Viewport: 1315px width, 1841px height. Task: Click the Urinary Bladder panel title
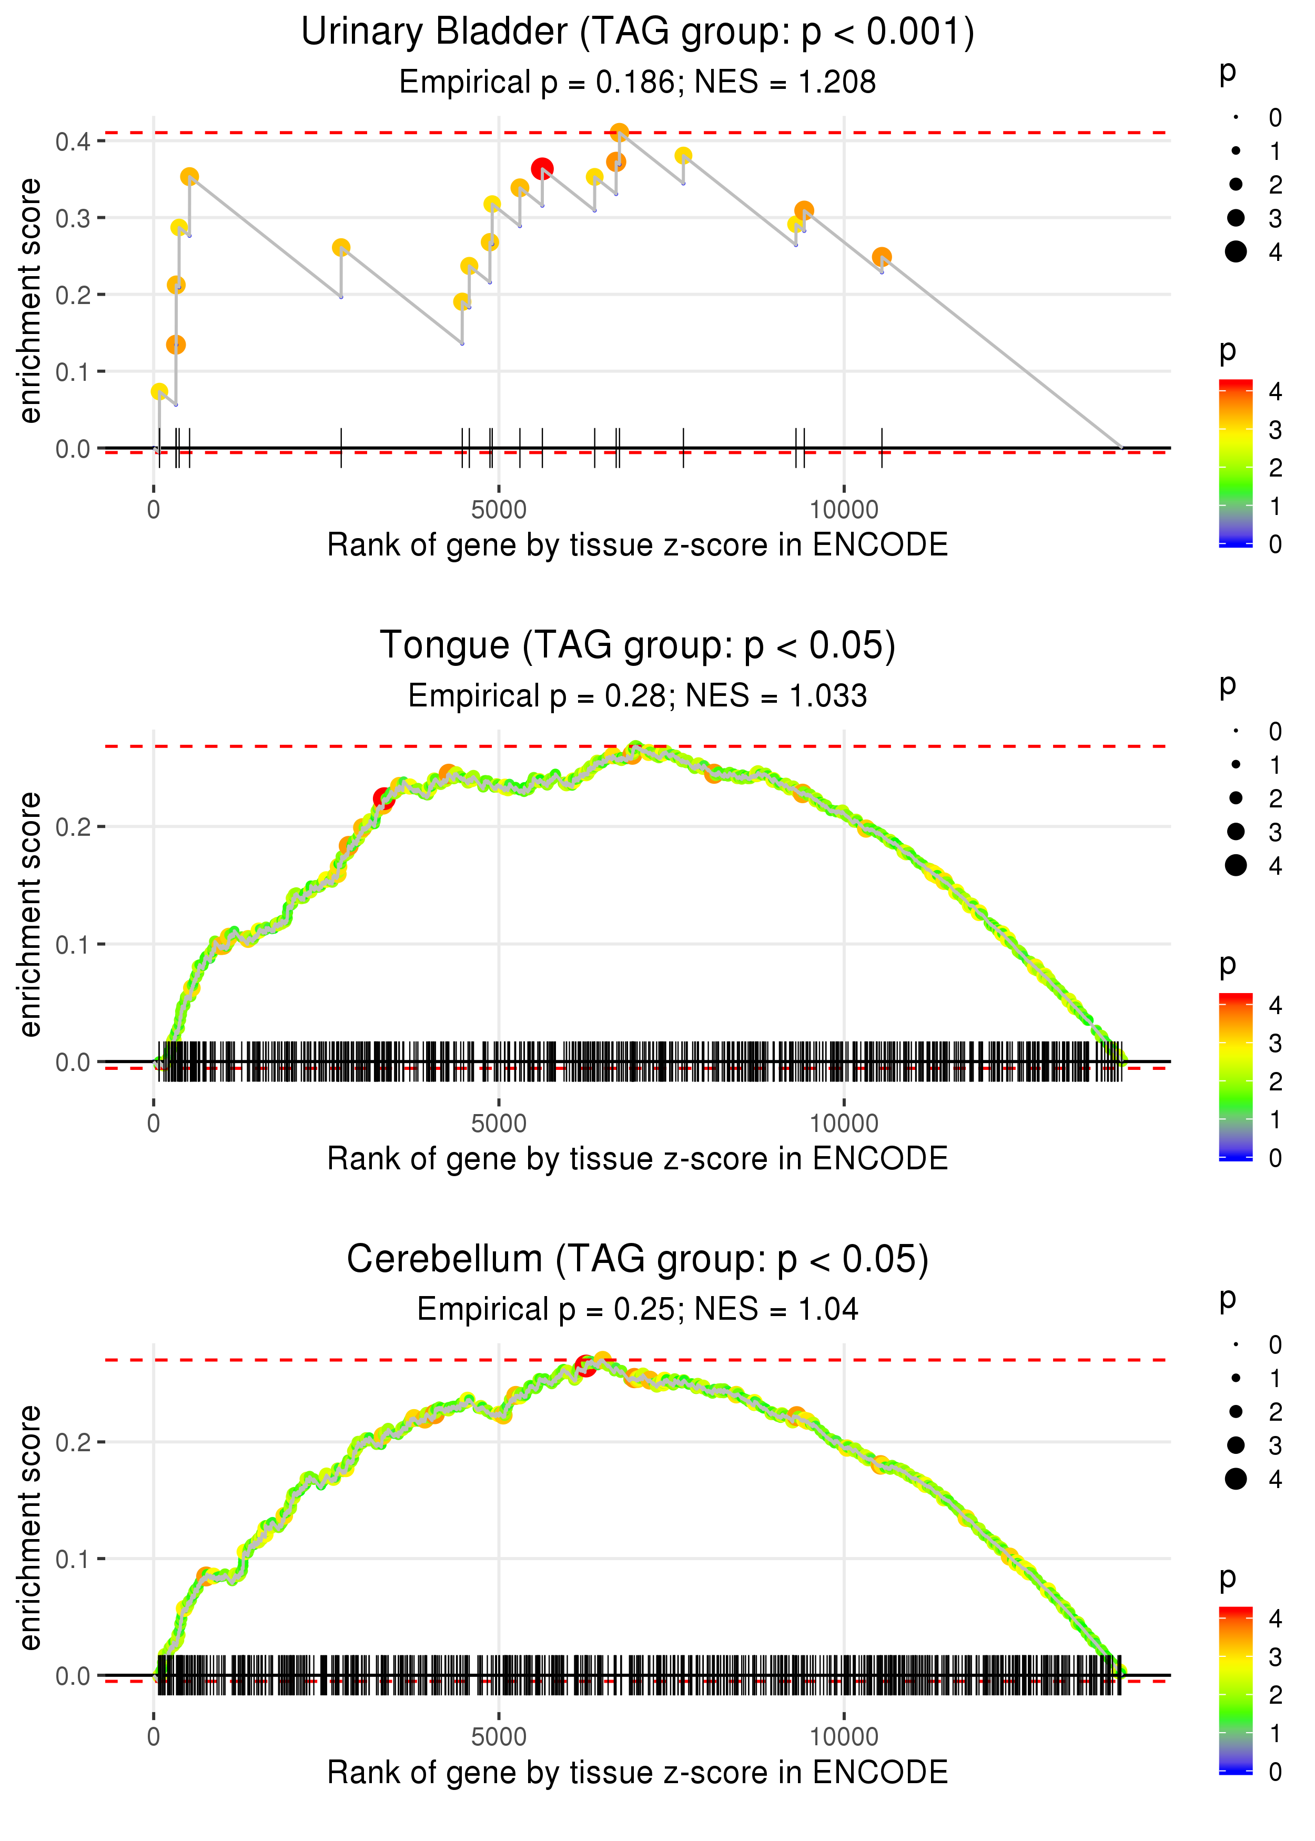coord(638,33)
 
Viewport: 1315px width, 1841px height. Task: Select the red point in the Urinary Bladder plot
coord(542,168)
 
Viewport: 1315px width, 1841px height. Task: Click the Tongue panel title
coord(638,646)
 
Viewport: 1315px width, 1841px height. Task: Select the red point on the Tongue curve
coord(382,799)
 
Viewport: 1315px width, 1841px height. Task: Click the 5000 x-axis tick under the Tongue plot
coord(499,1123)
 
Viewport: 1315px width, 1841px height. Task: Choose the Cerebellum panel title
coord(638,1259)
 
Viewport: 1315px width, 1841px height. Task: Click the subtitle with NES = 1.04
coord(638,1309)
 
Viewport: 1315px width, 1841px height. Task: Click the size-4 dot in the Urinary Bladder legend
coord(1236,252)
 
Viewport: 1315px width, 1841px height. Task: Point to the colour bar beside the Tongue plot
coord(1236,1076)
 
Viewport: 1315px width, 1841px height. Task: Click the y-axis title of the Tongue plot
coord(30,914)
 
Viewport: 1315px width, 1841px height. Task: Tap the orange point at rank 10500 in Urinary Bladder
coord(882,257)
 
